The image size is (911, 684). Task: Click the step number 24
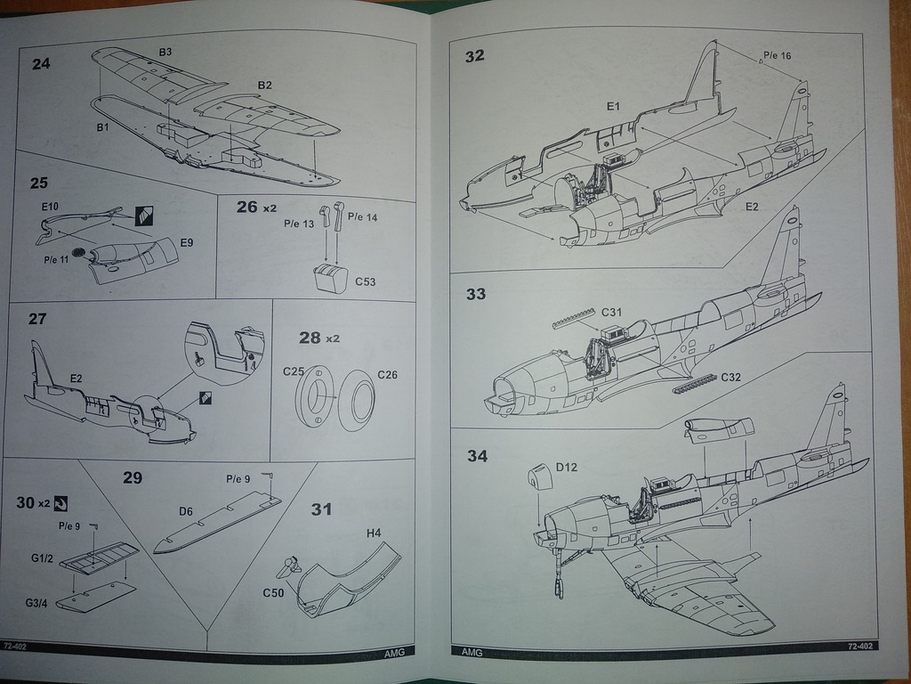coord(42,63)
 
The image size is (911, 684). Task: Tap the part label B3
coord(165,53)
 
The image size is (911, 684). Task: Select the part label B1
coord(102,127)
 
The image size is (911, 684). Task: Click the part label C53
coord(365,282)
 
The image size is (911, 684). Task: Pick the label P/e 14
coord(361,217)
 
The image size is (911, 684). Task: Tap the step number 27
coord(38,319)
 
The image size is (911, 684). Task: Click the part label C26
coord(387,374)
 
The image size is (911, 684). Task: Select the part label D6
coord(186,511)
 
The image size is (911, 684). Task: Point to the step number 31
coord(321,509)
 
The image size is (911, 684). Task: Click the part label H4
coord(374,533)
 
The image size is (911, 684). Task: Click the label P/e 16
coord(776,55)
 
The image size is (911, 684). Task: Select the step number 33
coord(476,294)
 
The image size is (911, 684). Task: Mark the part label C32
coord(732,377)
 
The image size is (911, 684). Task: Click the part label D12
coord(567,467)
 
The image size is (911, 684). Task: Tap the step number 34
coord(477,457)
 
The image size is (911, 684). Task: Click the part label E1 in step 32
coord(613,107)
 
